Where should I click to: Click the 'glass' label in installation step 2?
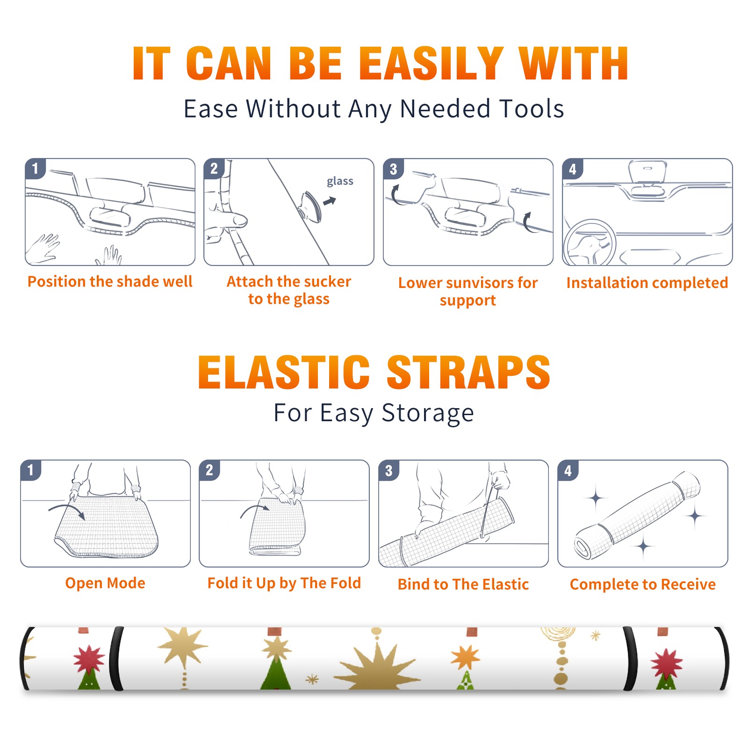(340, 181)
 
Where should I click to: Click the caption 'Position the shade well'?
(110, 281)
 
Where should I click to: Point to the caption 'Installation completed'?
(647, 282)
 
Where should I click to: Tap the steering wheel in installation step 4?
(590, 243)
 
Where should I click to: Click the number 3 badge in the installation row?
(393, 169)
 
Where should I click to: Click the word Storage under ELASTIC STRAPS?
(428, 413)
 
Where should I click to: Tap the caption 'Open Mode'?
(105, 583)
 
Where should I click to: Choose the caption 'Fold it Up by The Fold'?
(284, 583)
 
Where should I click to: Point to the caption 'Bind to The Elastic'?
(463, 584)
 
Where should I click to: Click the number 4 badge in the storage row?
(568, 470)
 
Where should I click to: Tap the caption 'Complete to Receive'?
(643, 584)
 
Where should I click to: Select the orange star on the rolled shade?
(466, 657)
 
